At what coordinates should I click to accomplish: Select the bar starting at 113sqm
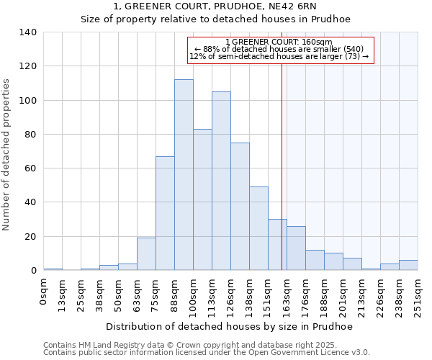(221, 181)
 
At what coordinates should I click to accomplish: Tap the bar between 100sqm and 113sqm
(202, 199)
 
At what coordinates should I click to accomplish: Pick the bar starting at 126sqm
(240, 207)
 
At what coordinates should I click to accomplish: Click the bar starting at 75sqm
(165, 213)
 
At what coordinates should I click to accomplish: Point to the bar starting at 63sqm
(146, 254)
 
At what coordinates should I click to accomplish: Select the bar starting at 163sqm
(296, 248)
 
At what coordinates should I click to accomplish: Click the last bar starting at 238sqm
(408, 265)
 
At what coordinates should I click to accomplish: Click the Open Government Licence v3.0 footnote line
(207, 353)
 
